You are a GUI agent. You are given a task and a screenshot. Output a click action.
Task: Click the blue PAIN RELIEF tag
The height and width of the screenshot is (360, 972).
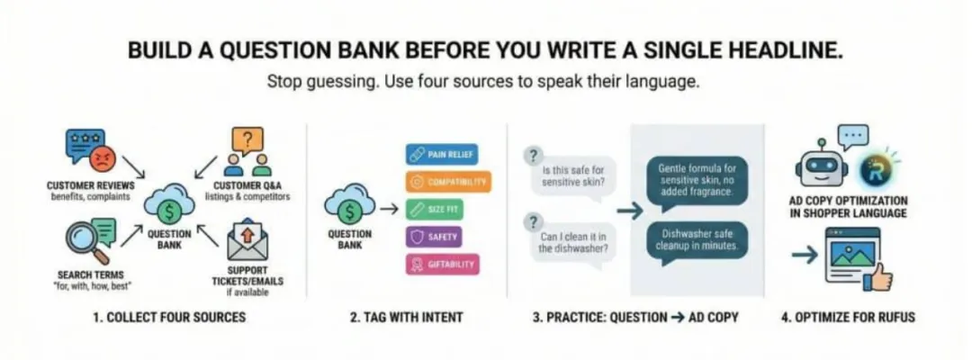click(x=443, y=154)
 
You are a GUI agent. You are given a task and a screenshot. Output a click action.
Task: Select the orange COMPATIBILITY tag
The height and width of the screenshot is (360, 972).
click(x=448, y=182)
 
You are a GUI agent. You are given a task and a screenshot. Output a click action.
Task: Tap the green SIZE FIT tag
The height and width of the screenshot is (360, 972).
click(x=434, y=210)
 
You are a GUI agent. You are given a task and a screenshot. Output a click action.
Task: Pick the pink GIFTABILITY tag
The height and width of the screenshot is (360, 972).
click(x=442, y=265)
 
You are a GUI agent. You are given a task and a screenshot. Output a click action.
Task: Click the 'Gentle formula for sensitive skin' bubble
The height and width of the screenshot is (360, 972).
click(x=697, y=180)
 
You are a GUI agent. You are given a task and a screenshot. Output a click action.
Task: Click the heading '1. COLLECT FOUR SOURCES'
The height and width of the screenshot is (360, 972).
click(x=169, y=318)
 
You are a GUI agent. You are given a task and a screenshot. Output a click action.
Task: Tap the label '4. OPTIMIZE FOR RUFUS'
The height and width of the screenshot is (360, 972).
click(x=848, y=318)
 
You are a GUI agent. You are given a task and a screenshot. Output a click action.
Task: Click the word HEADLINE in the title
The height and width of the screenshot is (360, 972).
click(x=784, y=50)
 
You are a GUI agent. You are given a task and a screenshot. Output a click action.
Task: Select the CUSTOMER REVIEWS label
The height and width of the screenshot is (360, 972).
click(x=91, y=186)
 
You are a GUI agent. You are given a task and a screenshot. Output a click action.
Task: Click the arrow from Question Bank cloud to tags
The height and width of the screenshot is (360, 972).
click(x=389, y=210)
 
